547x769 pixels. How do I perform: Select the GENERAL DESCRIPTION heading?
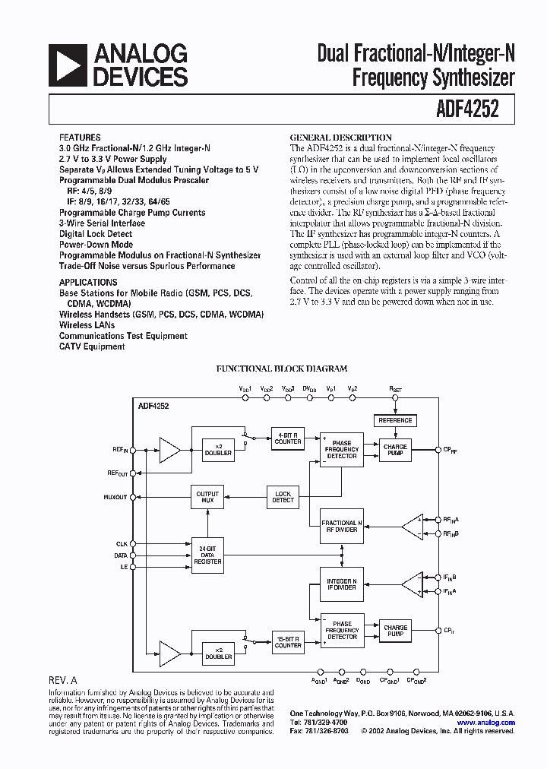tap(341, 138)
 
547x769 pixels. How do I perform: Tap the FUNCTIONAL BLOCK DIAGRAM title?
tap(282, 369)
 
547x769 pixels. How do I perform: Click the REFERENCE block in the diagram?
tap(395, 420)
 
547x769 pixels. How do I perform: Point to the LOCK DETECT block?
tap(283, 497)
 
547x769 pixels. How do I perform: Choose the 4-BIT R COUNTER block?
tap(288, 438)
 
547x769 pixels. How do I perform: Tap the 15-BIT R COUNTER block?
tap(288, 642)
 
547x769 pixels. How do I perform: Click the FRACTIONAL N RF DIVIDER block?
tap(342, 527)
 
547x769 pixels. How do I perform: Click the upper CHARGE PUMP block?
tap(395, 451)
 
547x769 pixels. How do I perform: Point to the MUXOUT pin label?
tap(115, 498)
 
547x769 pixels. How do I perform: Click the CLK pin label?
tap(121, 544)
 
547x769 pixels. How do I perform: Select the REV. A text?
tap(62, 682)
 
